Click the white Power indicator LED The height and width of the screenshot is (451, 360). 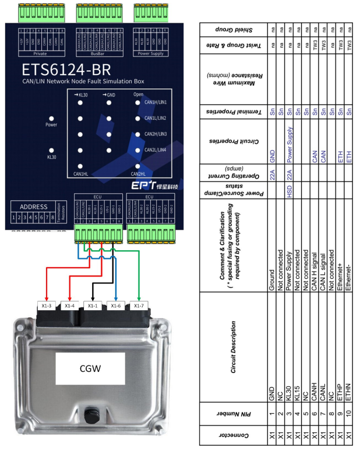click(52, 116)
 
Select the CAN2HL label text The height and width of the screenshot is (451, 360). click(138, 173)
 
